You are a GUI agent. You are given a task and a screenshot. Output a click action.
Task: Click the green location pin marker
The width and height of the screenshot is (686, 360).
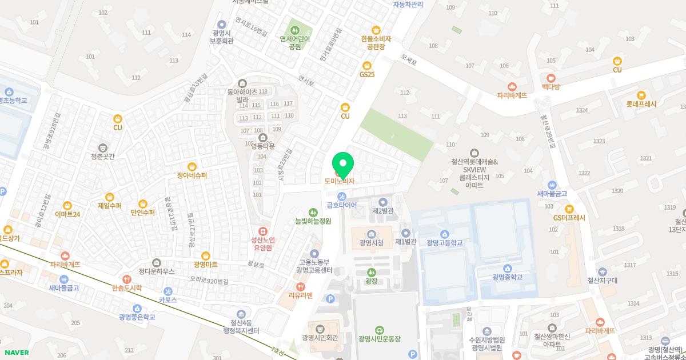coord(343,164)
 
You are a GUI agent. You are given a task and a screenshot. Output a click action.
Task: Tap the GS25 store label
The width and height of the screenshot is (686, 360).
coord(367,74)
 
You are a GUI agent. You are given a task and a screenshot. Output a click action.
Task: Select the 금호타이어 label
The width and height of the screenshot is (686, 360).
coord(342,205)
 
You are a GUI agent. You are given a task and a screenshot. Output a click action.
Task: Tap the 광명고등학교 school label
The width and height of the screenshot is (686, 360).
coord(444,243)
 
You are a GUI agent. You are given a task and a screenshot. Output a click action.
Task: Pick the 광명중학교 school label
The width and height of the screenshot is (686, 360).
coord(507,277)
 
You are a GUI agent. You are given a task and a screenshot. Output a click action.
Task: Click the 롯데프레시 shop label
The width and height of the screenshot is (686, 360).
coord(641,105)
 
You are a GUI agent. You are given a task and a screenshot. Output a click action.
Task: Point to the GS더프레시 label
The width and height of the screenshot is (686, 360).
coord(569,218)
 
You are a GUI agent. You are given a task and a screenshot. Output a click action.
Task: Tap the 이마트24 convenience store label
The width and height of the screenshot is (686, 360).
coord(67,214)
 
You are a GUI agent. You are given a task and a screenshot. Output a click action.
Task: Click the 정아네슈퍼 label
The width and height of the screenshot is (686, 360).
coord(192,175)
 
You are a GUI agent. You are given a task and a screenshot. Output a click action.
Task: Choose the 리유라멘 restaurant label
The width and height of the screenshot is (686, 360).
coord(301,295)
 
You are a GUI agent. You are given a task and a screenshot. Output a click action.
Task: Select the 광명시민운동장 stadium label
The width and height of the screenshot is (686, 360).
coord(380,339)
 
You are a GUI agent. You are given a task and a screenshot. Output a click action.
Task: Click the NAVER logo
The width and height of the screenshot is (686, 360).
coord(16,353)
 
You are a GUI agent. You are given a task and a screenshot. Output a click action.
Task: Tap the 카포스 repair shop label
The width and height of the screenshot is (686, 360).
coord(167,299)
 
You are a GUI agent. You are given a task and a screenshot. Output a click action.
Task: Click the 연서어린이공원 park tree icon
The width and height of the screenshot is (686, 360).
coord(295,29)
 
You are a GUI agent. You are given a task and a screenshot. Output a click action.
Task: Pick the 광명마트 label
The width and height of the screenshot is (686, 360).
coord(205,265)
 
